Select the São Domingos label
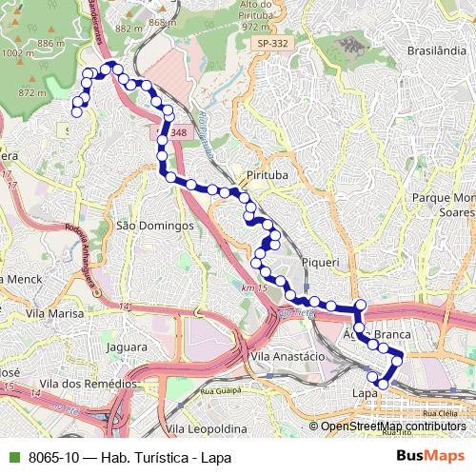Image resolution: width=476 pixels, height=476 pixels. pos(154,227)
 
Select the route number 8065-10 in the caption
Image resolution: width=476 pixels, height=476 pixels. pos(48,457)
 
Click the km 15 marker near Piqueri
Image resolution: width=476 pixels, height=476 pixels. pos(252,288)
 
